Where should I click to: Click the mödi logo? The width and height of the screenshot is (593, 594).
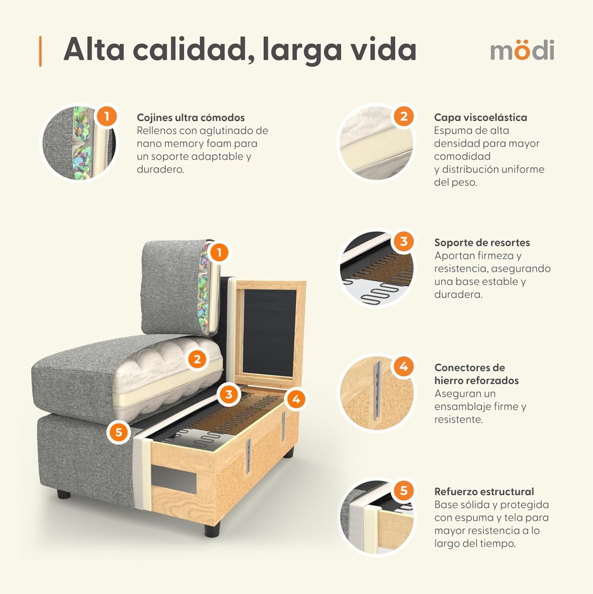pos(522,50)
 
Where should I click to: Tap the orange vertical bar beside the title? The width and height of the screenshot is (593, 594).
pos(40,51)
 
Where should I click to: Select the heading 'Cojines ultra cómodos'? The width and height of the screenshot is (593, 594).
pos(190,117)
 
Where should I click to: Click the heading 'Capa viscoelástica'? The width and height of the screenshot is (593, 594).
pos(480,117)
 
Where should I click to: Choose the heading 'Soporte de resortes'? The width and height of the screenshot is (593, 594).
pos(482,242)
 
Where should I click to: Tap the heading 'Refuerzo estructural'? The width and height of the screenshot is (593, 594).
pos(484,492)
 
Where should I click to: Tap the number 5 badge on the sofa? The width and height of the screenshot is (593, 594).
pos(119,432)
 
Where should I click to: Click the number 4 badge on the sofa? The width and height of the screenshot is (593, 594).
pos(296,399)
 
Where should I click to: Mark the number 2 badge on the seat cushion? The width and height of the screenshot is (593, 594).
pos(197,359)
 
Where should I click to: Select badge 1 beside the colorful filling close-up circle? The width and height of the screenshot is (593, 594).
pos(107,116)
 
